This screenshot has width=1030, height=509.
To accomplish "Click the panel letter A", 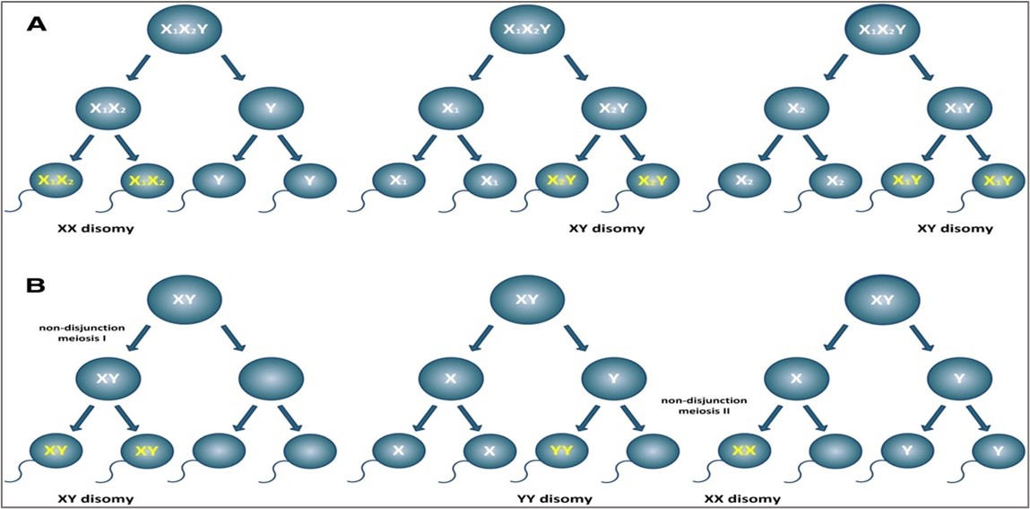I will point(36,24).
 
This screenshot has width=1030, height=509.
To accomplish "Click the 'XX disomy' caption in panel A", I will point(96,228).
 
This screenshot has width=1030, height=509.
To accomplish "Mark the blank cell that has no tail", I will point(267,379).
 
